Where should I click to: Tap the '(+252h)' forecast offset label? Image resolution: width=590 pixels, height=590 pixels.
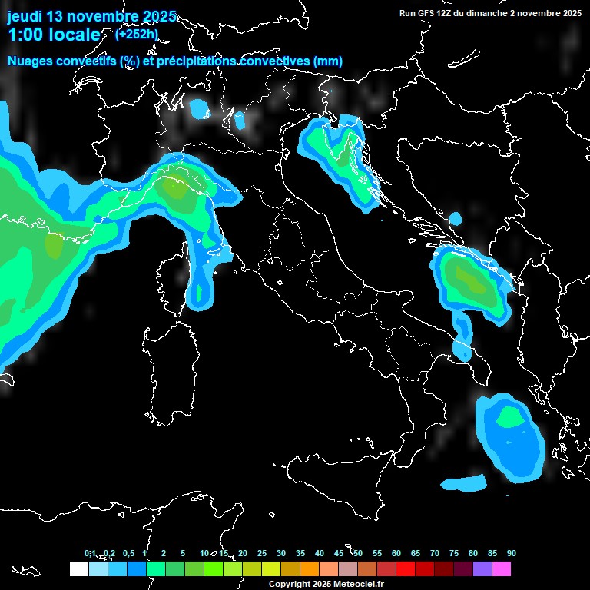click(x=137, y=34)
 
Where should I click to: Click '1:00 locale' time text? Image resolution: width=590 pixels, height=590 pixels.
click(x=54, y=35)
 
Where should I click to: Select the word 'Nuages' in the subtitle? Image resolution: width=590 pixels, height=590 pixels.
click(x=30, y=61)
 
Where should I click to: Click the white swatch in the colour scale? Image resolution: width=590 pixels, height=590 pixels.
click(x=78, y=569)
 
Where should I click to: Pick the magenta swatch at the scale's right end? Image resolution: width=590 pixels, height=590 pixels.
click(x=502, y=569)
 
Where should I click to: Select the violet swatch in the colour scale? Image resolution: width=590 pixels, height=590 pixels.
click(x=482, y=569)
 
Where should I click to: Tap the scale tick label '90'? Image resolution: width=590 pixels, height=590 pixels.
click(x=512, y=553)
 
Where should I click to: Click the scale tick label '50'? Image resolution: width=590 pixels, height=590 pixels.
click(x=358, y=553)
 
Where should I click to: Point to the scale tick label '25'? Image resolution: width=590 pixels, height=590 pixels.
click(x=262, y=553)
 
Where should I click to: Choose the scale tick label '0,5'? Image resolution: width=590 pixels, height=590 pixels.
click(x=129, y=553)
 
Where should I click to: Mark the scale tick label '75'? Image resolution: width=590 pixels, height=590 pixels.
click(x=454, y=553)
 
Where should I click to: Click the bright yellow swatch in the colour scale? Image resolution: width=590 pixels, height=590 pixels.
click(x=270, y=569)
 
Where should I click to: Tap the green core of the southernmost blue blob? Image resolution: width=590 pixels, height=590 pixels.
click(x=509, y=418)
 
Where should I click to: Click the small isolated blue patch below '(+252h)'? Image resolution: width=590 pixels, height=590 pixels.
click(x=200, y=110)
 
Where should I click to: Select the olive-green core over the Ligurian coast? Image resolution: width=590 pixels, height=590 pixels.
click(x=178, y=188)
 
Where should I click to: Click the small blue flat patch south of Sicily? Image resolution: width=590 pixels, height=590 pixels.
click(x=464, y=484)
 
